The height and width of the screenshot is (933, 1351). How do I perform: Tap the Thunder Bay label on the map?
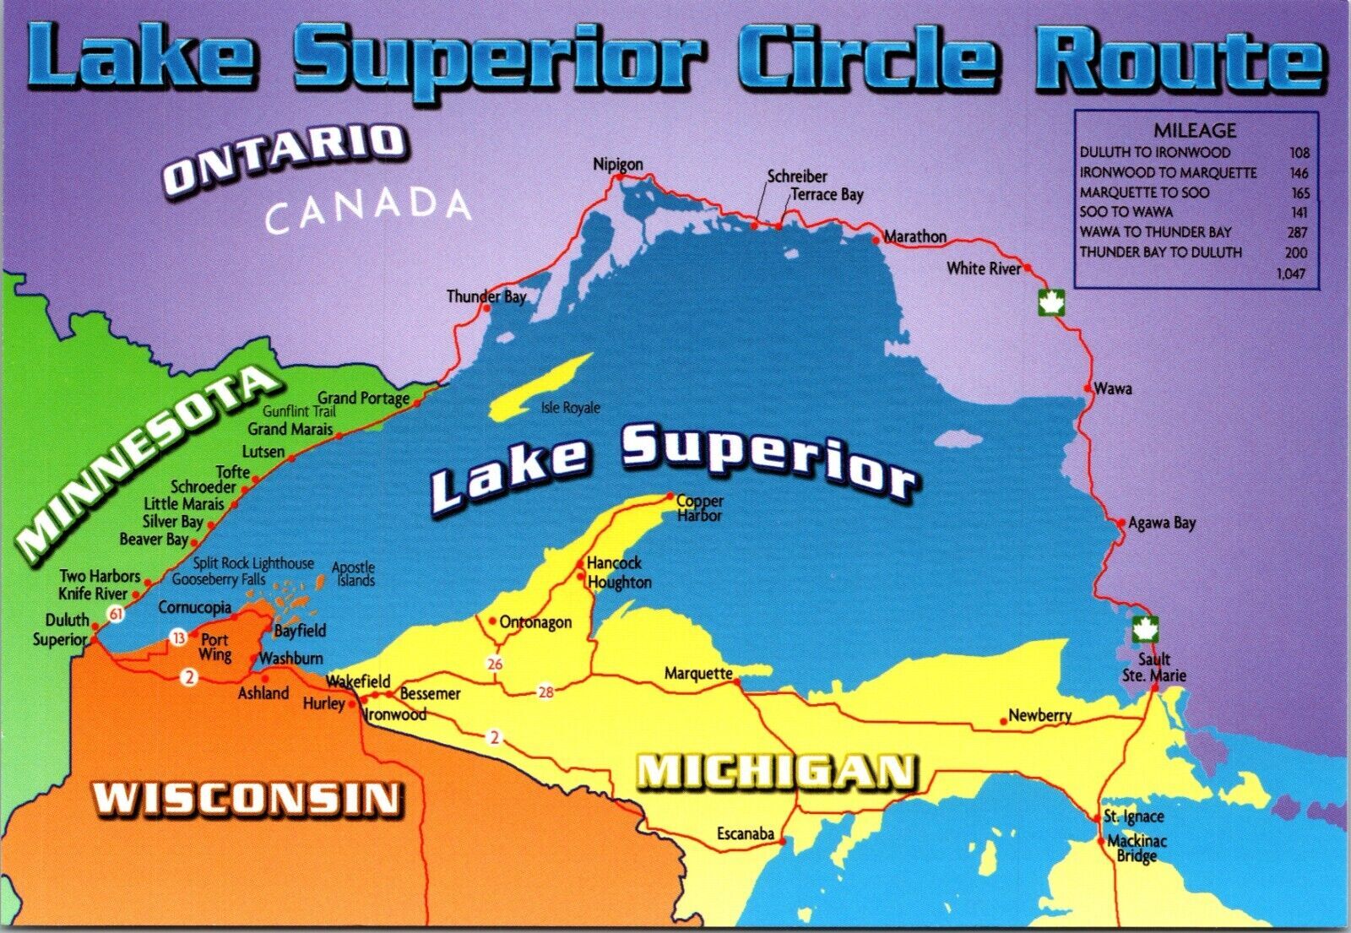pos(486,296)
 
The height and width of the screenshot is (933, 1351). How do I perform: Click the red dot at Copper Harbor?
pos(670,496)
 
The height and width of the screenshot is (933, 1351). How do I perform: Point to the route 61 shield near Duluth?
pos(117,614)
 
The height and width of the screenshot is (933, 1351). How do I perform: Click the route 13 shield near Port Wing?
pos(178,638)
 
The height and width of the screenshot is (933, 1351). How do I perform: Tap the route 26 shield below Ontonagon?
pos(495,664)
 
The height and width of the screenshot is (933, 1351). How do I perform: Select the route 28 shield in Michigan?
pos(545,692)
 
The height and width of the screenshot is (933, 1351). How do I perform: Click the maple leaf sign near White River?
pos(1051,301)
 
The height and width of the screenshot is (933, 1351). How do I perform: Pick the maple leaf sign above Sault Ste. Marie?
pos(1144,629)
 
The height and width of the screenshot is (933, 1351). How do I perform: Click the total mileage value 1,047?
pos(1290,273)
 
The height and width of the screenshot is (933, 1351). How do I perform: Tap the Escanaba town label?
pos(745,834)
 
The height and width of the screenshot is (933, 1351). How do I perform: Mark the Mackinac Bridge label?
pos(1137,849)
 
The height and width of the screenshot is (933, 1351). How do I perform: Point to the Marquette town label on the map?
pos(697,674)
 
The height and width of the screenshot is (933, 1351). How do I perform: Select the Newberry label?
pos(1039,716)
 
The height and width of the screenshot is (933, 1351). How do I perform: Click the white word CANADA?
pos(367,211)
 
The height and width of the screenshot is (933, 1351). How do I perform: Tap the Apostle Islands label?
pos(354,574)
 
